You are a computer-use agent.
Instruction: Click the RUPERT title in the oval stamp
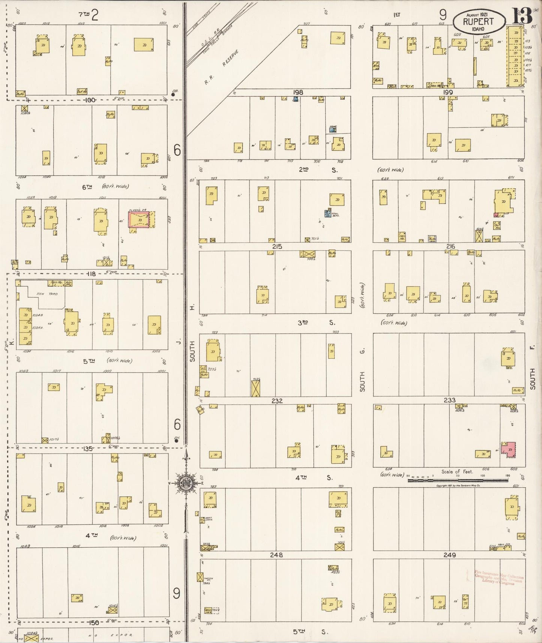478,21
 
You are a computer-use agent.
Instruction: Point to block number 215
277,246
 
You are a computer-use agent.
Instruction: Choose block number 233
449,400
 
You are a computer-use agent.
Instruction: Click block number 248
276,555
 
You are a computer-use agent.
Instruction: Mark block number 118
91,274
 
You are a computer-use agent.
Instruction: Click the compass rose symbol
186,483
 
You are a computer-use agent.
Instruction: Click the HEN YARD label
47,294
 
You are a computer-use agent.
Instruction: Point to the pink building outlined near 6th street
139,219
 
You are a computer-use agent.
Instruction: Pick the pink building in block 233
509,449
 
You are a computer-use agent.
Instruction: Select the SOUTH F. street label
533,368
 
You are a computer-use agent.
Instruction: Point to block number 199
448,92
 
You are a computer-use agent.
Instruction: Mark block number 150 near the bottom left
93,623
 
